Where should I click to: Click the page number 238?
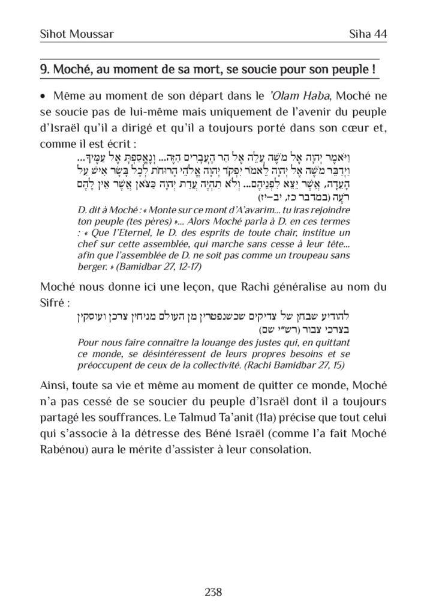tap(213, 592)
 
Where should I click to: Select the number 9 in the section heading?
tap(43, 70)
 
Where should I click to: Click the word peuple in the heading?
tap(347, 70)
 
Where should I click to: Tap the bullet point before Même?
tap(43, 97)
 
